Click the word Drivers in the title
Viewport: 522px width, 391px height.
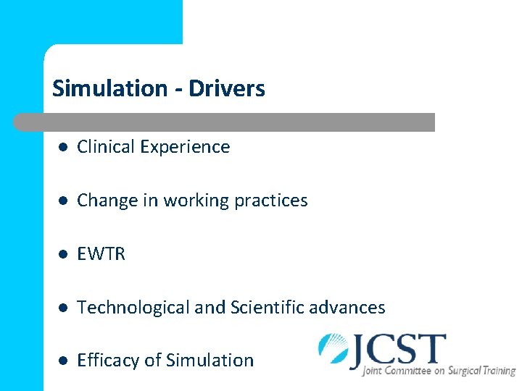[227, 89]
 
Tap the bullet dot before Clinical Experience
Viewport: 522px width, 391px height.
[63, 147]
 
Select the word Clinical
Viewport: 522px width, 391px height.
[107, 147]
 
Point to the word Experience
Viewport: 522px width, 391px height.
[185, 147]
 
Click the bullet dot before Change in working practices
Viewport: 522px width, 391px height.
[63, 201]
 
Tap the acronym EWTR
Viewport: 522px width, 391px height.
[101, 254]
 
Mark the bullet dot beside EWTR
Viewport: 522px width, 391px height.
[63, 254]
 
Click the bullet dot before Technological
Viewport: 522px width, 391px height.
[63, 308]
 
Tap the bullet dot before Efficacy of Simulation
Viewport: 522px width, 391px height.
[63, 361]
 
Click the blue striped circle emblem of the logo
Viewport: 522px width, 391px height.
[334, 348]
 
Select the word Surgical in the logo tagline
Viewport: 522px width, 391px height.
[462, 371]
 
